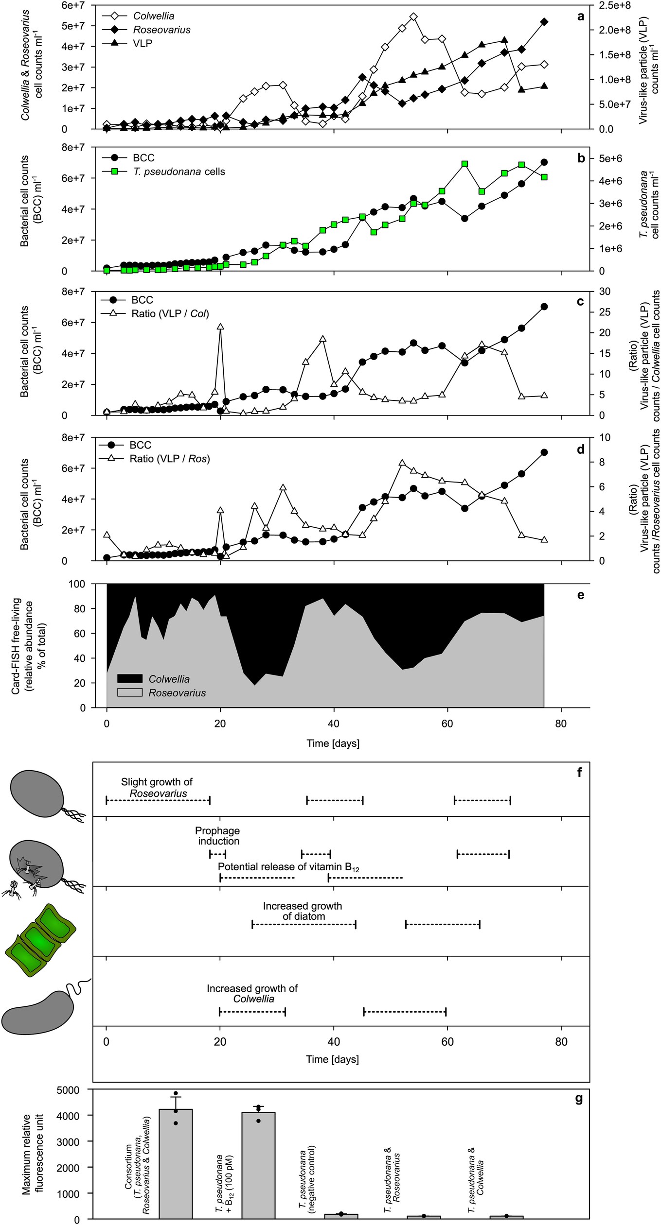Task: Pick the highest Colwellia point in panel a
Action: [x=413, y=17]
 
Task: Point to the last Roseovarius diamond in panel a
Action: [x=544, y=22]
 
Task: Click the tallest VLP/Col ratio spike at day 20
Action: [x=220, y=327]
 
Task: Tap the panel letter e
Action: [x=580, y=595]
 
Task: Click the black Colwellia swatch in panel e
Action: [x=130, y=679]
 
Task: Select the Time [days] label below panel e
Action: [x=333, y=743]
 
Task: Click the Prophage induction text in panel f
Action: [x=217, y=836]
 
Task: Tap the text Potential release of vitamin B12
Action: [x=288, y=867]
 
